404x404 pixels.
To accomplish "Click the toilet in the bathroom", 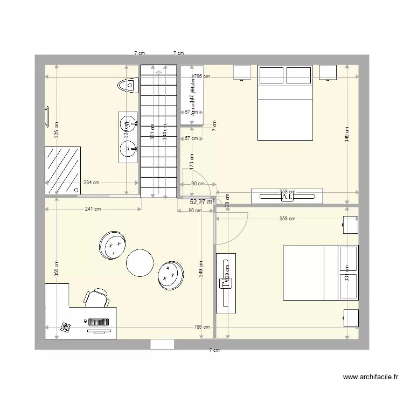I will [x=128, y=85].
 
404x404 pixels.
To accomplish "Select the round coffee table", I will [x=141, y=262].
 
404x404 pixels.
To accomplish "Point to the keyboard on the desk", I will [x=99, y=322].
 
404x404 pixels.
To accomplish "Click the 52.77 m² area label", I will [x=201, y=202].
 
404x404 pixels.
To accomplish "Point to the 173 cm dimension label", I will [x=192, y=161].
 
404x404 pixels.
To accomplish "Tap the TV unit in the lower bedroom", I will [x=226, y=283].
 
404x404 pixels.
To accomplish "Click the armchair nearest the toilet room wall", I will [x=113, y=245].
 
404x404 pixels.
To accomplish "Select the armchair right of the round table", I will [x=171, y=274].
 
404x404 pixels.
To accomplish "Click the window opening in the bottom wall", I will [x=162, y=345].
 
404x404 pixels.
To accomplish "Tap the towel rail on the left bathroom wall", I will [x=47, y=116].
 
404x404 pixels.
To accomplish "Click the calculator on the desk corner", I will [x=66, y=326].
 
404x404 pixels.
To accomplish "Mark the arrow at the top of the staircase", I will [x=158, y=71].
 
